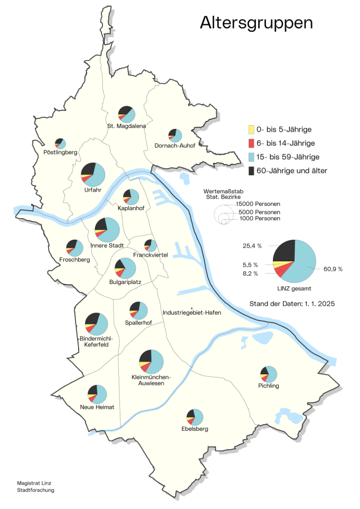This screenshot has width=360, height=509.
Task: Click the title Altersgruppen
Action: pyautogui.click(x=256, y=23)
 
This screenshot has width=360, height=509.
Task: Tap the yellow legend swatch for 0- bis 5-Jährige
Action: pyautogui.click(x=251, y=129)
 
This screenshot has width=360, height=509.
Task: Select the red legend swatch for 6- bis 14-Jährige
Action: pyautogui.click(x=251, y=143)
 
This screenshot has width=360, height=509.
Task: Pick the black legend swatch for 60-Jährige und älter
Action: pyautogui.click(x=251, y=171)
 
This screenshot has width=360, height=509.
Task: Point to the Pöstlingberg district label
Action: pyautogui.click(x=61, y=153)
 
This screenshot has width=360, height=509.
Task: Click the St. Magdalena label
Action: pyautogui.click(x=126, y=126)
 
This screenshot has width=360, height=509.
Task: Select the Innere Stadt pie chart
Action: pyautogui.click(x=107, y=230)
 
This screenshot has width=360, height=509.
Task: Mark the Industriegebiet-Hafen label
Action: pyautogui.click(x=192, y=313)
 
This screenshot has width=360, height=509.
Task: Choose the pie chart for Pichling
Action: pyautogui.click(x=269, y=374)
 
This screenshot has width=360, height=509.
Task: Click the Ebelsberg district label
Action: pyautogui.click(x=195, y=429)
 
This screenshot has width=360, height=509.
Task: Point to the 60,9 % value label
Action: pyautogui.click(x=333, y=269)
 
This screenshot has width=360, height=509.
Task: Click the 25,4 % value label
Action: pyautogui.click(x=253, y=246)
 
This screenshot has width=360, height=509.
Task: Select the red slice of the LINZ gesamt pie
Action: pyautogui.click(x=284, y=270)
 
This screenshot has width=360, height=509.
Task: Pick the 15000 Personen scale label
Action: pyautogui.click(x=258, y=204)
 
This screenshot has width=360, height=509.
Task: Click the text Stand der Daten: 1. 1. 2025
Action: pyautogui.click(x=292, y=304)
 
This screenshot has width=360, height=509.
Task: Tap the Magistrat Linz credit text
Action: pyautogui.click(x=33, y=483)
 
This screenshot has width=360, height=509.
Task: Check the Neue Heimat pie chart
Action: pyautogui.click(x=98, y=394)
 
